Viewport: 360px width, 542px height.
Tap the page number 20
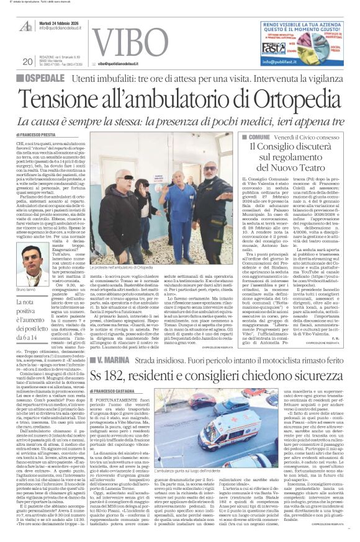(x=27, y=61)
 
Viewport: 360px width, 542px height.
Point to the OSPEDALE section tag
(x=49, y=79)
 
